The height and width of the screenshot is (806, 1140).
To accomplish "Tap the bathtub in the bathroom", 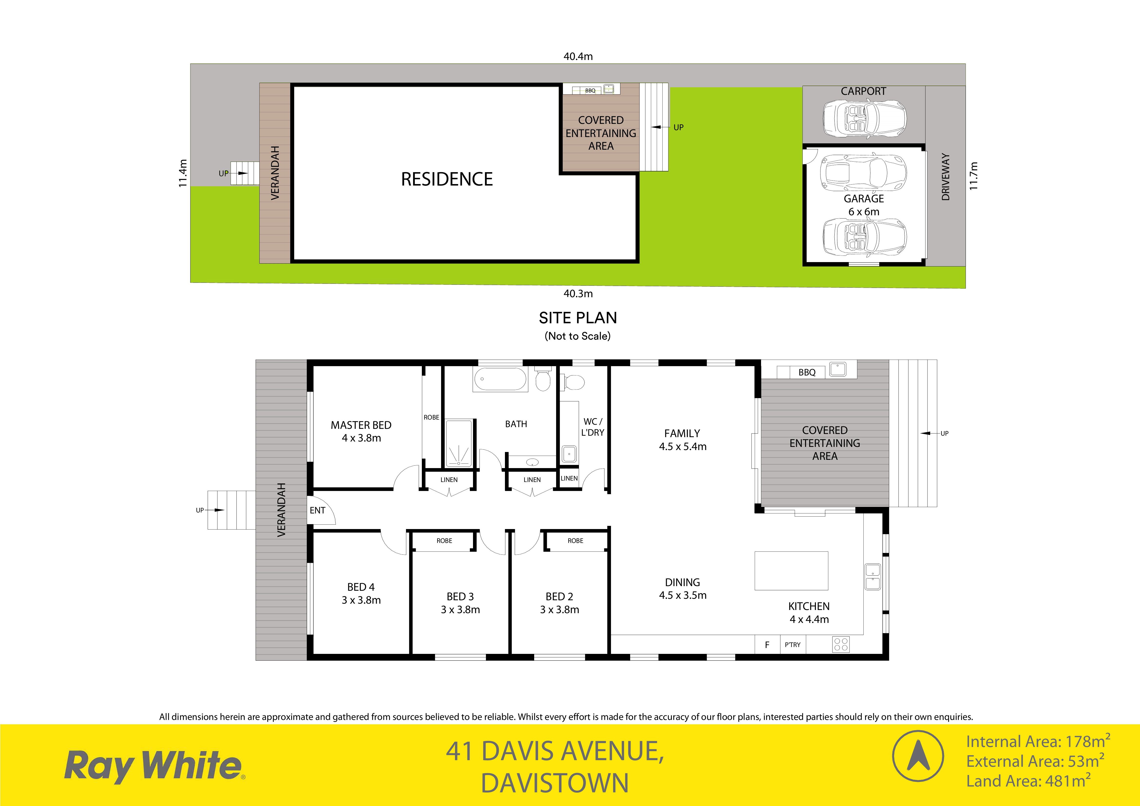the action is pos(500,380).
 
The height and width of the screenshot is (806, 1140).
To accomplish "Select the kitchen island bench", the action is pos(792,570).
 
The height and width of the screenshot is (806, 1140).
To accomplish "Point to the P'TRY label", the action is pos(792,645).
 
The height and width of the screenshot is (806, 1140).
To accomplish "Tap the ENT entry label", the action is pos(317,510).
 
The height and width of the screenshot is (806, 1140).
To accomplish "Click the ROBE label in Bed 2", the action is pos(575,541).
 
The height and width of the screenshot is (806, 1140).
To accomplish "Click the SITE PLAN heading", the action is pos(578,318).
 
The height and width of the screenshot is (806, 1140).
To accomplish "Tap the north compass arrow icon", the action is pos(918,756).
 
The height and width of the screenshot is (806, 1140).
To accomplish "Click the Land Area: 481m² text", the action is pos(1028,781).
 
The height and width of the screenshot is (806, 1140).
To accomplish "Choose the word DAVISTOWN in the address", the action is pos(555,783).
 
